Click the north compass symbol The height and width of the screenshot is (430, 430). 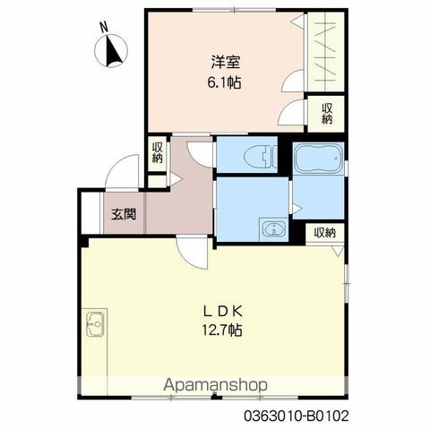coord(111,50)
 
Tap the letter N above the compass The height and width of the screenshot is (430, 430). coord(104,28)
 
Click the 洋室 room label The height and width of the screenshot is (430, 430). coord(226,62)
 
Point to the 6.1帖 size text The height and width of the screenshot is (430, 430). coord(224,82)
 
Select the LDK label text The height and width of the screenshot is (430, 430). coord(222,312)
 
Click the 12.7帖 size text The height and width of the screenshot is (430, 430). coord(222,331)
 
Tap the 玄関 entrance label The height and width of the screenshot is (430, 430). coord(124,214)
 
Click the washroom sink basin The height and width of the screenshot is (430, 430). coord(274,229)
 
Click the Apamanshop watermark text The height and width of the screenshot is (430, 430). coord(215,385)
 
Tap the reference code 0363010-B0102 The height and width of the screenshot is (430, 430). coord(297,416)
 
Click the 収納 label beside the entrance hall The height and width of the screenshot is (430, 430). coord(157,153)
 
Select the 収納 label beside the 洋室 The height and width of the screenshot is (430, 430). coord(327,114)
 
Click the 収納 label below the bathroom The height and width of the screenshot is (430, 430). coord(324,233)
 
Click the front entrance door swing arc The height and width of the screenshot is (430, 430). coord(116,163)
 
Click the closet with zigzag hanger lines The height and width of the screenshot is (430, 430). coord(325,52)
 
